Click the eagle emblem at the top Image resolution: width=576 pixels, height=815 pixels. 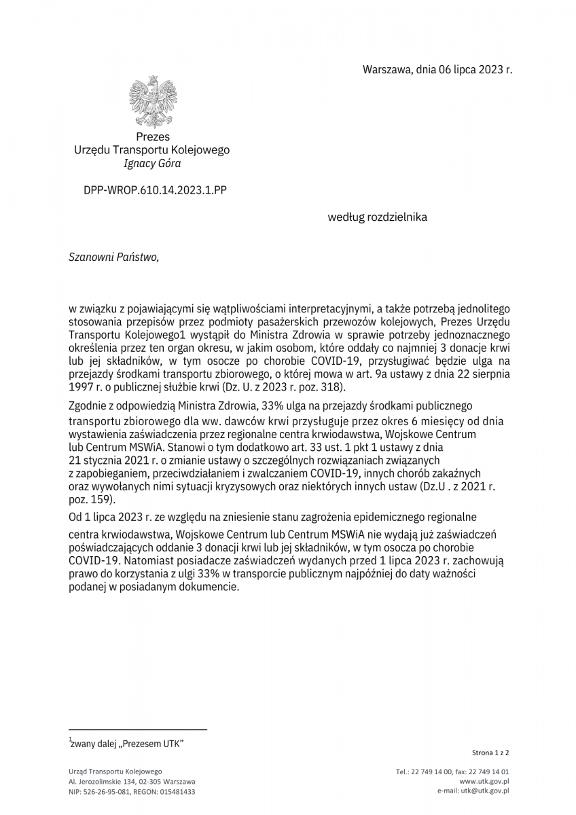152,102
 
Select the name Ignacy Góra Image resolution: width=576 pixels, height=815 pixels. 152,163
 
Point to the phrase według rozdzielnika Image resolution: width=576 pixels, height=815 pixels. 378,217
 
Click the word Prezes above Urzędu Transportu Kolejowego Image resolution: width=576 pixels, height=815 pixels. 153,137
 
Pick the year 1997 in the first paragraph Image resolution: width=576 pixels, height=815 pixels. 82,387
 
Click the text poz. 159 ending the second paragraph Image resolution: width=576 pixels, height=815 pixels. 90,498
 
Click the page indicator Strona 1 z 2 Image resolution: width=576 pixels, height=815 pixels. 490,753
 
